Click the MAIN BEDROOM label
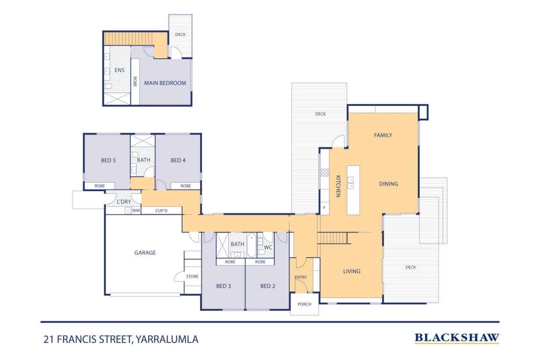coord(165,83)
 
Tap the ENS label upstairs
coord(119,70)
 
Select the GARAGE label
coord(145,252)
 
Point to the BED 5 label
coord(108,160)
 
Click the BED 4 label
coord(178,160)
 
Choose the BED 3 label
coord(224,286)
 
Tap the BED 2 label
coord(267,286)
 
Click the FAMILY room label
coord(383,135)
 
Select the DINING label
coord(389,184)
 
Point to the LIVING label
coord(352,271)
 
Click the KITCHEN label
coord(338,186)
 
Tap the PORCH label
coord(305,304)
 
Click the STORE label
coord(192,276)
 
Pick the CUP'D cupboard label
coord(161,211)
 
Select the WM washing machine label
coord(136,211)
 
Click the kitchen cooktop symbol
coord(325,173)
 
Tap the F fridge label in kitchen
coord(324,208)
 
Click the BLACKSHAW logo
coord(457,338)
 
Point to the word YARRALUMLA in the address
coord(167,339)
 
